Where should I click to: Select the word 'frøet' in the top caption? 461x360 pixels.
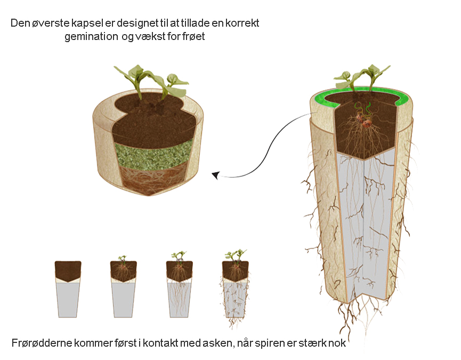click(193, 36)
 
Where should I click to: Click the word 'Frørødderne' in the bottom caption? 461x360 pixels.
click(42, 343)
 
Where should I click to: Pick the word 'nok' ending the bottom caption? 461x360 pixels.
click(337, 343)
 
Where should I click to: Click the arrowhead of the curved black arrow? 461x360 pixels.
click(215, 175)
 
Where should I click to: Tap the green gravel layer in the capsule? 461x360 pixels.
click(153, 156)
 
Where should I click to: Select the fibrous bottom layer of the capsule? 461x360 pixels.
click(153, 180)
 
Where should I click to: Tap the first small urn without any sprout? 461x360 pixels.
click(68, 289)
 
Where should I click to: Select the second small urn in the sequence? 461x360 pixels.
click(124, 287)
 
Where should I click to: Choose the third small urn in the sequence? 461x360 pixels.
click(180, 285)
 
